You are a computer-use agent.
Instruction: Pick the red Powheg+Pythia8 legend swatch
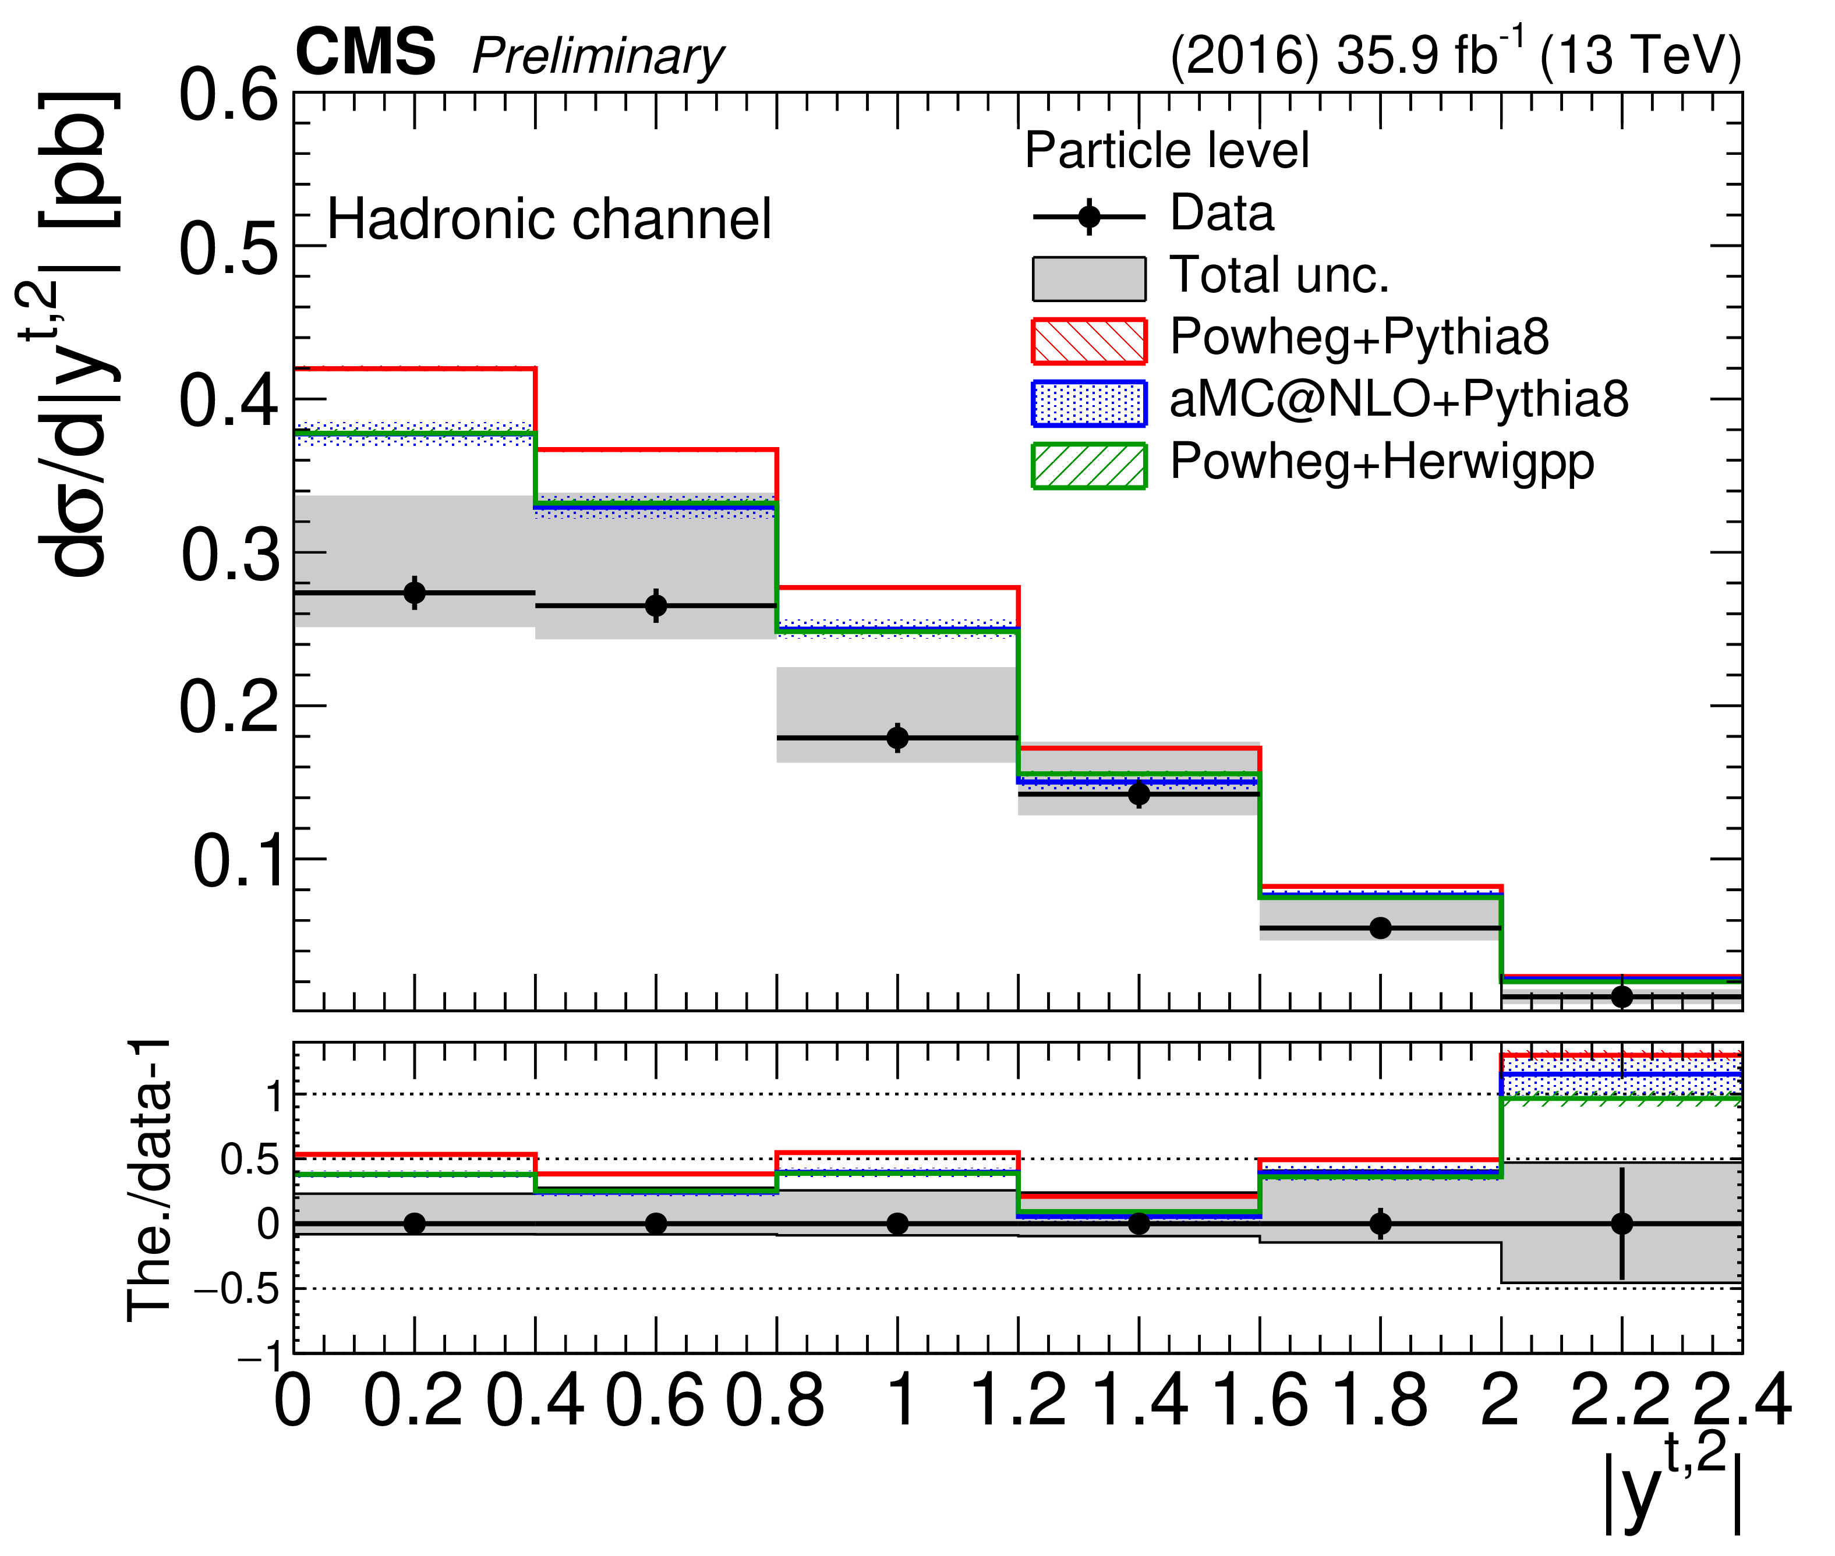click(x=1088, y=341)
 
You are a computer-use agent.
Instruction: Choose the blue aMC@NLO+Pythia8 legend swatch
click(x=1088, y=403)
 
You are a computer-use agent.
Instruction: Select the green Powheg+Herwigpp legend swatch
click(x=1088, y=465)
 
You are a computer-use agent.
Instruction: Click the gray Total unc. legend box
click(x=1088, y=279)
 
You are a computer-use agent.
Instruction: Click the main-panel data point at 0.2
click(x=415, y=593)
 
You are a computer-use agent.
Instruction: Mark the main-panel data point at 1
click(x=897, y=738)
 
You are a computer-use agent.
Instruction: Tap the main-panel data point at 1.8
click(x=1381, y=928)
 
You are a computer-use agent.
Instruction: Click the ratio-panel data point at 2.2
click(x=1621, y=1224)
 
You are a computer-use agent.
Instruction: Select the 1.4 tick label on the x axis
click(x=1140, y=1401)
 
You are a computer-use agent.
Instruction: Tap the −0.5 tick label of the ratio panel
click(x=236, y=1289)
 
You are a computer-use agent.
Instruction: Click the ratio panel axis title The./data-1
click(x=149, y=1182)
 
